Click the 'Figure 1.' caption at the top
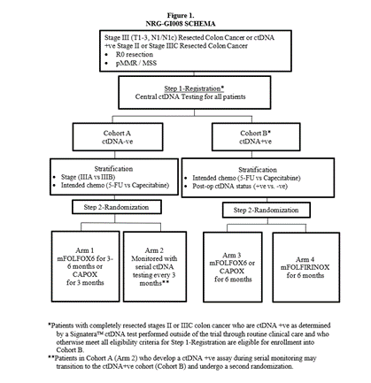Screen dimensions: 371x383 [181, 15]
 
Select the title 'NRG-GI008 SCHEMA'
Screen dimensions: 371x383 [181, 24]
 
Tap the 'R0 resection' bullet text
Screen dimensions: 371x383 [135, 55]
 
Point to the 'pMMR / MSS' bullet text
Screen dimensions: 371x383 [136, 63]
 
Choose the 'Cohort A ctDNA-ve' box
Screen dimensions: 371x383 [118, 137]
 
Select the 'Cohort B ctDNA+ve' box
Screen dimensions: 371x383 [256, 137]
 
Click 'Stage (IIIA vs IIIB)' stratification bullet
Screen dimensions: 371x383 [88, 177]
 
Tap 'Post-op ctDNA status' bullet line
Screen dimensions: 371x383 [240, 187]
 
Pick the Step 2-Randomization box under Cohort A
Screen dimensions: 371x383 [117, 207]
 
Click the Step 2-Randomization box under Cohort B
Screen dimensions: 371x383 [267, 211]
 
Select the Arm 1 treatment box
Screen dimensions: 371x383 [85, 266]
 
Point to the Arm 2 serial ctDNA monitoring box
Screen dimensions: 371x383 [155, 266]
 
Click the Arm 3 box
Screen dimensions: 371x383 [233, 267]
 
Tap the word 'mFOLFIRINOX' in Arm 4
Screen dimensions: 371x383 [305, 267]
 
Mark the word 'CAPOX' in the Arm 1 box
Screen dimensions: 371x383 [85, 274]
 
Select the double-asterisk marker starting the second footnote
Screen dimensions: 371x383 [51, 357]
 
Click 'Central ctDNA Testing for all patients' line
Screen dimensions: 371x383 [190, 96]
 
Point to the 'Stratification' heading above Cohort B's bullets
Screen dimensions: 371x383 [258, 170]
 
